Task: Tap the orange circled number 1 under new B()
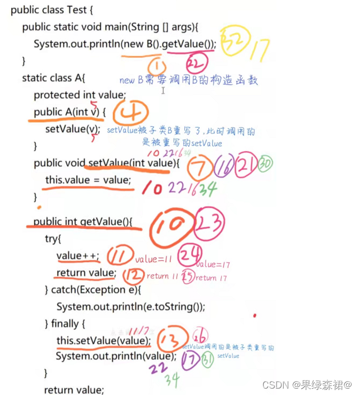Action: tap(158, 67)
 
